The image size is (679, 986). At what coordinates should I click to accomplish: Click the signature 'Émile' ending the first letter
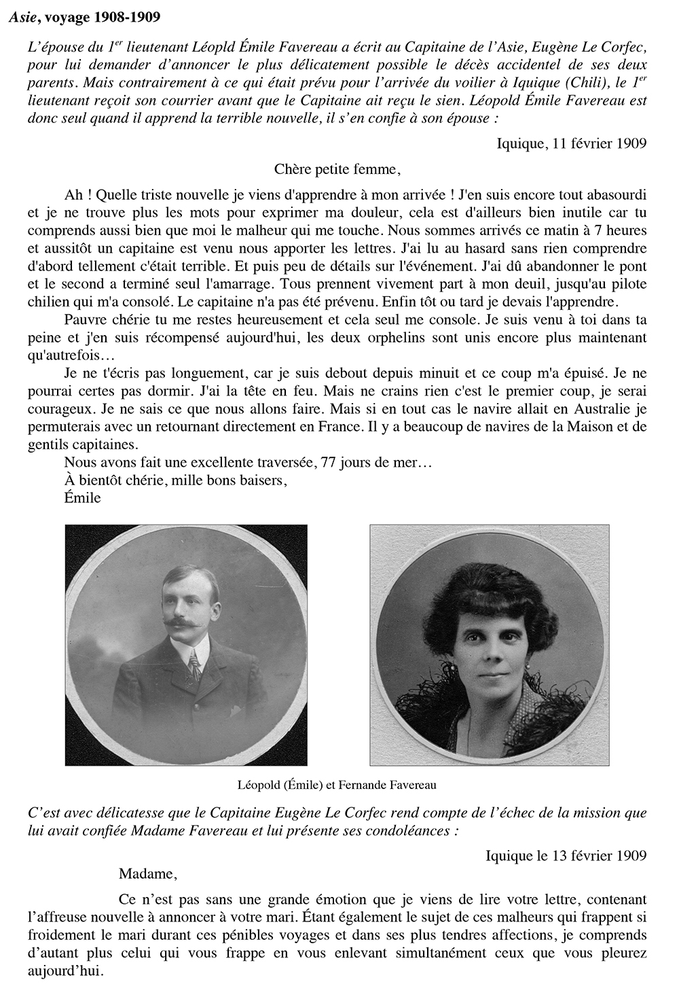pyautogui.click(x=82, y=497)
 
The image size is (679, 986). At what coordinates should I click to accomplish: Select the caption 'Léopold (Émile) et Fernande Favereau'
pyautogui.click(x=337, y=785)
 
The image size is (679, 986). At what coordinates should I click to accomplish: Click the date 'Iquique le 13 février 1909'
pyautogui.click(x=566, y=855)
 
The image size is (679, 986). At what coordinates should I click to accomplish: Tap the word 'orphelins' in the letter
pyautogui.click(x=447, y=338)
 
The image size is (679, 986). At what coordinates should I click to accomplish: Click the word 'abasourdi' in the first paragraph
pyautogui.click(x=617, y=195)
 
